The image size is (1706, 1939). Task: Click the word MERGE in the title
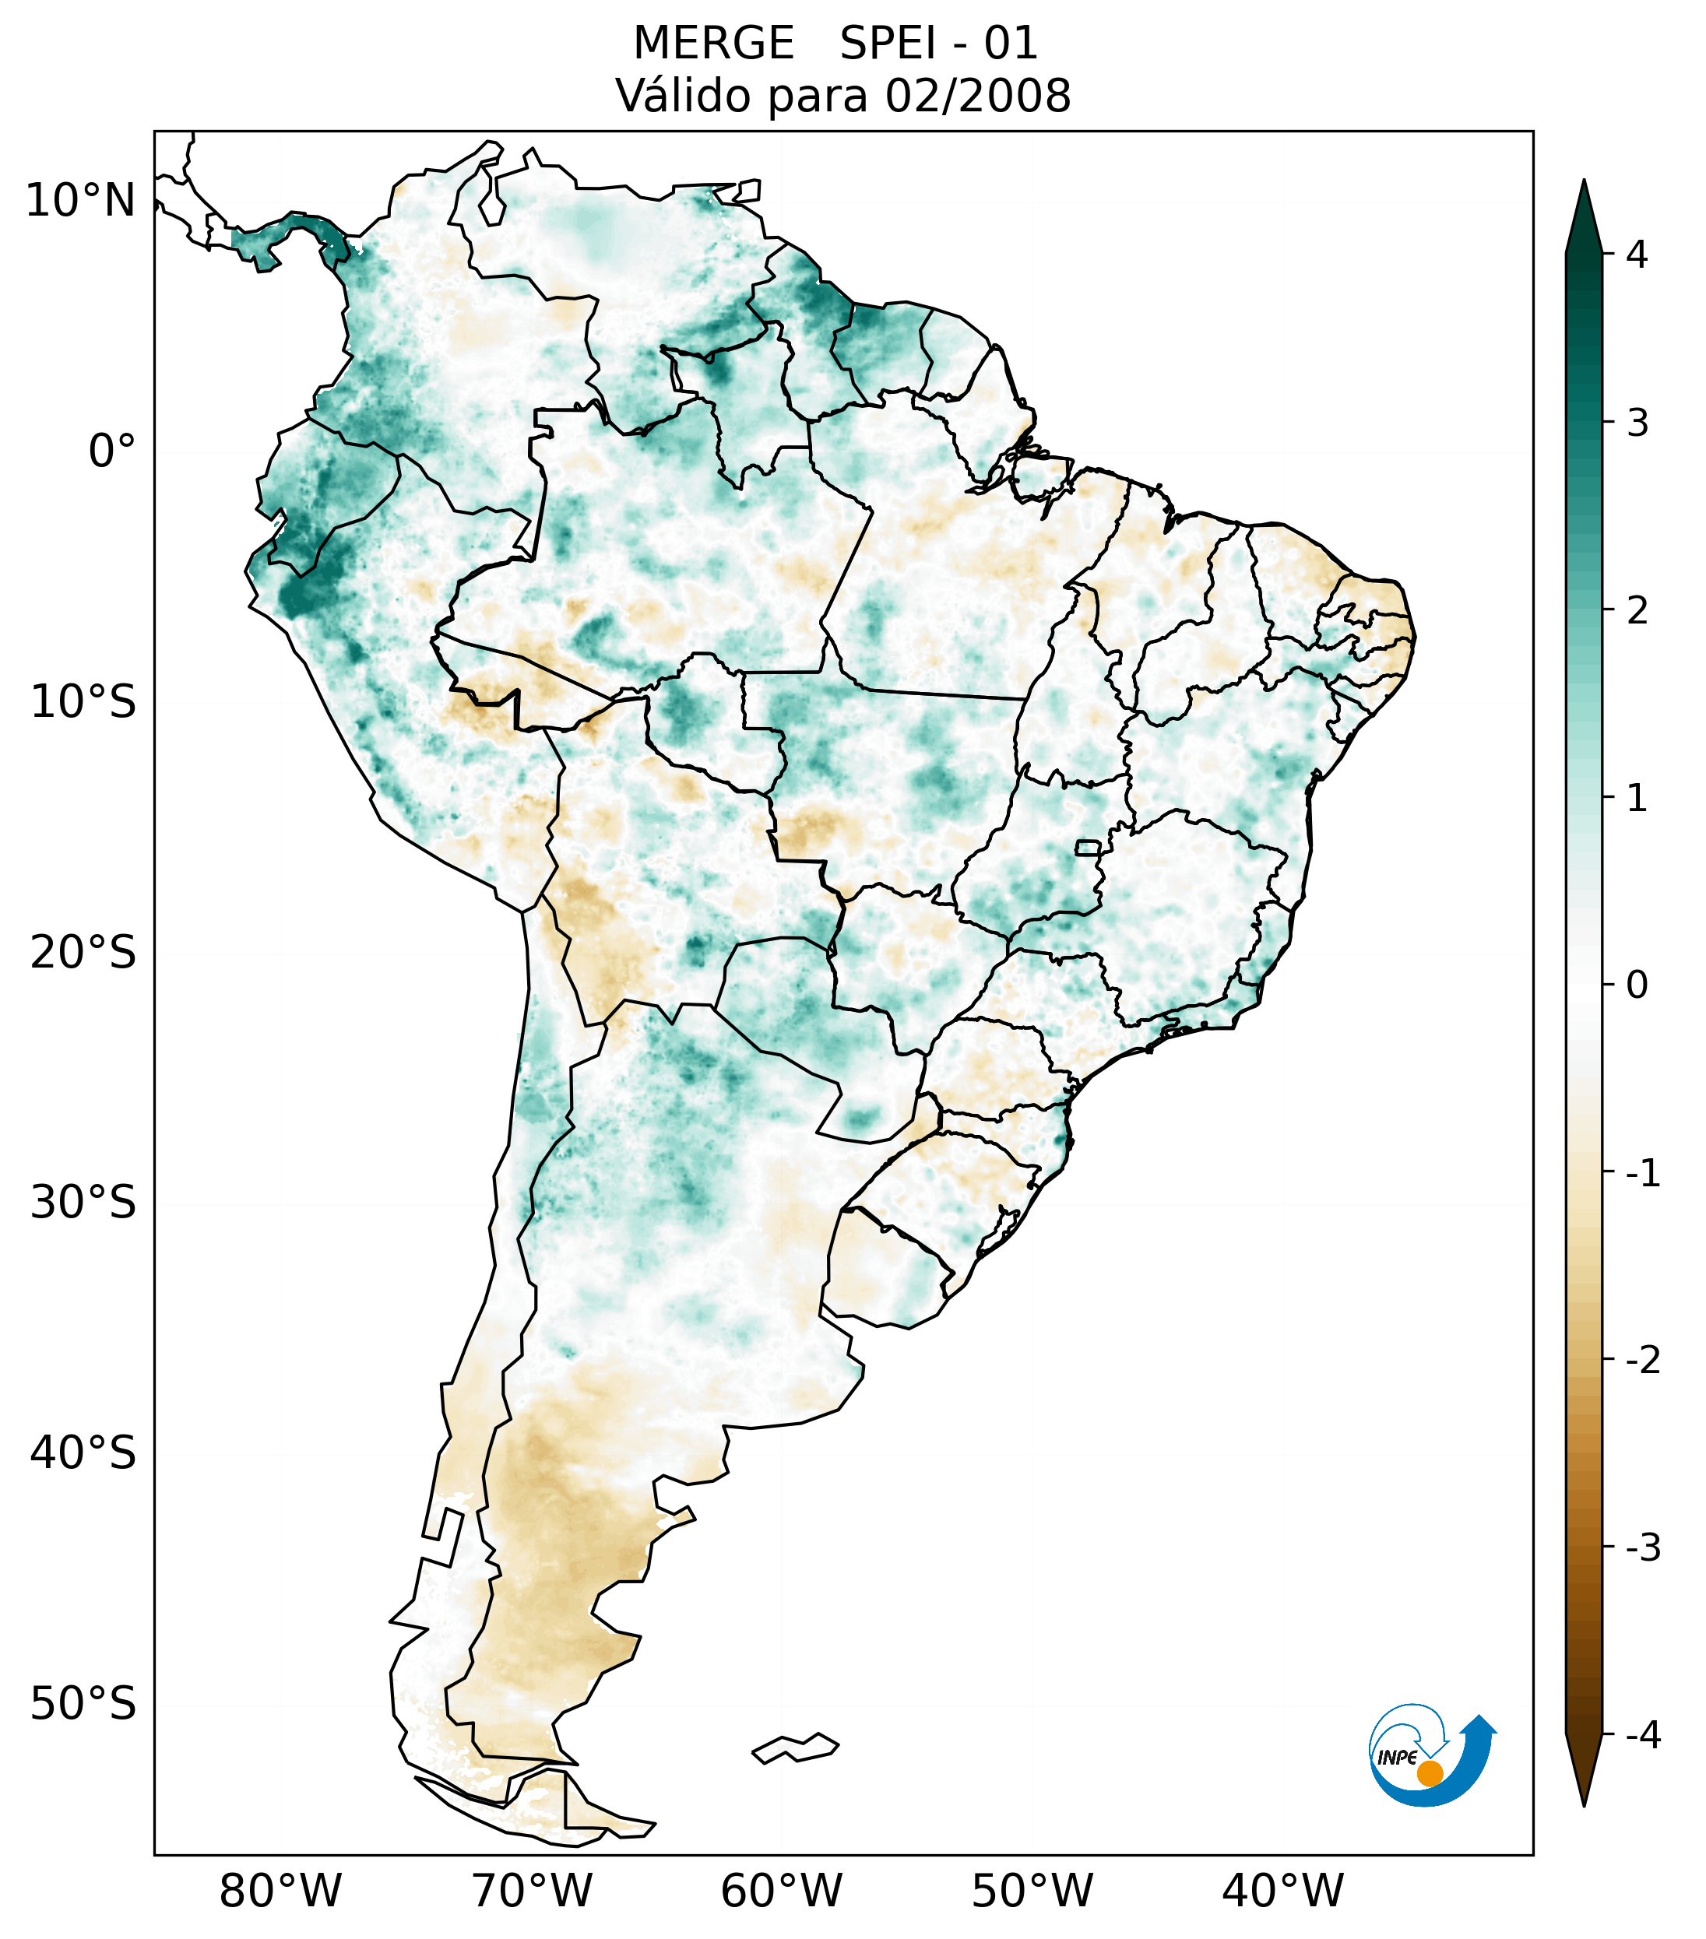712,44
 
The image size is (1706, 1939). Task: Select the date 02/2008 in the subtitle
978,96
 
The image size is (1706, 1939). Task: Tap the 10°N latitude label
81,201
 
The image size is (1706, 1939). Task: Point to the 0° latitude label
112,451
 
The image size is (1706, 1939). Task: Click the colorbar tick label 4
1637,255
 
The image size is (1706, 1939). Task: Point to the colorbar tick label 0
1637,985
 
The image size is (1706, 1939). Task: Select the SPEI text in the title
886,44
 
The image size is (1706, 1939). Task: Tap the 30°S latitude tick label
83,1203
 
